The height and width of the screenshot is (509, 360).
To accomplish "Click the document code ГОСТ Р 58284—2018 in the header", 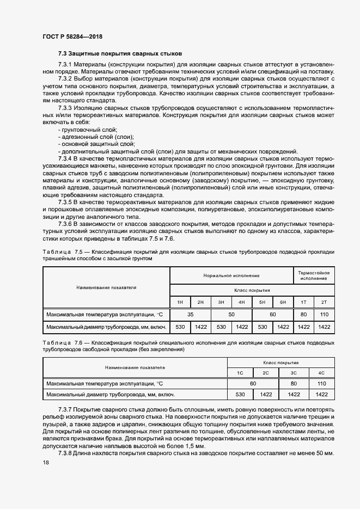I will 72,36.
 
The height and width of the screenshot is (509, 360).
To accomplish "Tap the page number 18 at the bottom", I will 46,462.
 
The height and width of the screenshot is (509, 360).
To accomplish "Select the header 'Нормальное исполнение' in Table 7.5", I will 231,276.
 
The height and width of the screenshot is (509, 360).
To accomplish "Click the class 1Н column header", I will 180,302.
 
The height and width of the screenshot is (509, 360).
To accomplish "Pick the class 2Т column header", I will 325,302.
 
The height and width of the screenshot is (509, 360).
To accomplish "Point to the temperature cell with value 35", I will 191,315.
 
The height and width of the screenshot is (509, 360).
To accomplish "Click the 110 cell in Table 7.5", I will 325,315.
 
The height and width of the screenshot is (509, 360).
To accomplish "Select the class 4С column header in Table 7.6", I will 321,372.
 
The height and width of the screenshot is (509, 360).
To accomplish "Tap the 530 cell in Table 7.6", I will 240,394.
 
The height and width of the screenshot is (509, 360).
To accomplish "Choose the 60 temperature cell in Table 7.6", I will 253,383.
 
